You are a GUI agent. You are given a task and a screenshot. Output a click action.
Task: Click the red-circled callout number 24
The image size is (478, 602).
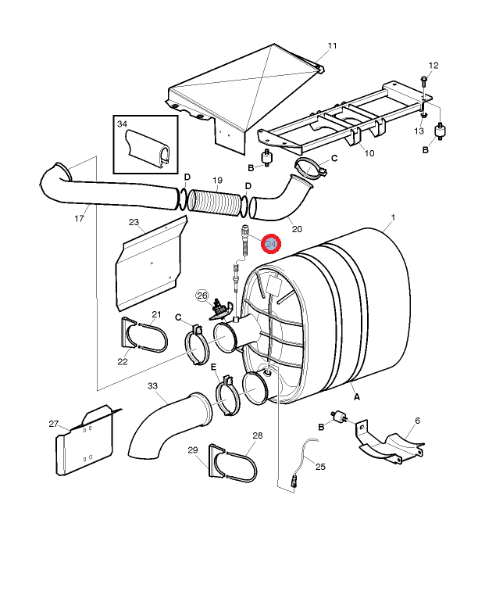click(x=271, y=244)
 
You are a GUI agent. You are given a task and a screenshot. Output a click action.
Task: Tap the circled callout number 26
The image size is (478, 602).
click(x=202, y=296)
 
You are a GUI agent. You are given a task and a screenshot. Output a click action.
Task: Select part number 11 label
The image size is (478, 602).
click(x=332, y=45)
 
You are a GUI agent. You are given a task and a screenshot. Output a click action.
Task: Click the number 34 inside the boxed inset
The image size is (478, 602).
click(x=122, y=124)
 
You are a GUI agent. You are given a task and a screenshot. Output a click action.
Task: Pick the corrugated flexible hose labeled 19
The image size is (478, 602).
click(x=217, y=201)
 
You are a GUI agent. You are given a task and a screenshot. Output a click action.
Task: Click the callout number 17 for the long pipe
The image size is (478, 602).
click(x=79, y=218)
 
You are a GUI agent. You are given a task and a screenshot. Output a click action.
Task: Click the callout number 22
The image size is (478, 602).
click(x=123, y=361)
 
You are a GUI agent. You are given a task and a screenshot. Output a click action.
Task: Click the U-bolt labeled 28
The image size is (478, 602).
click(x=242, y=467)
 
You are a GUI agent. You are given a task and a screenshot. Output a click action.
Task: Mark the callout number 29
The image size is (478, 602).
click(x=193, y=450)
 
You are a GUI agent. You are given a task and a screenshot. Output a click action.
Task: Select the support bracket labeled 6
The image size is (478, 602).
click(x=390, y=443)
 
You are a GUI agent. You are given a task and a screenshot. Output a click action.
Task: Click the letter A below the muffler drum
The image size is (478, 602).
click(x=357, y=396)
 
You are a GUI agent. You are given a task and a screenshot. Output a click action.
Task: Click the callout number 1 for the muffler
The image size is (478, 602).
click(x=393, y=217)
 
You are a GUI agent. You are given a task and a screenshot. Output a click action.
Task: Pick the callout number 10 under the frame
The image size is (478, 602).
click(x=369, y=153)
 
